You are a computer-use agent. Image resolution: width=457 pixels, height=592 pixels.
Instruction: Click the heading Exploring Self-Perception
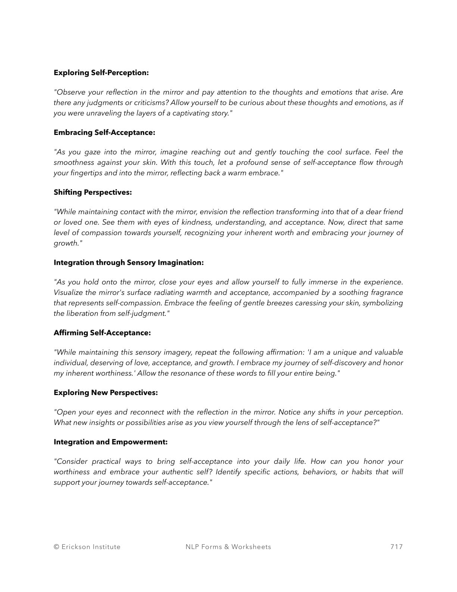tap(101, 73)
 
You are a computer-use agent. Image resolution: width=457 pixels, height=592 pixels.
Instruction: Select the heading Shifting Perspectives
tap(93, 192)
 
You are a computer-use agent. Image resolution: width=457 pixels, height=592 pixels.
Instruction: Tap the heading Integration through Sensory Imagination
tap(128, 263)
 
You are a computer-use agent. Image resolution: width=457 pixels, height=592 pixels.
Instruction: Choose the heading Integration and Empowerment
tap(111, 442)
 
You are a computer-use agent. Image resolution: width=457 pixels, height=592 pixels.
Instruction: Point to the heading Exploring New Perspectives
tap(106, 393)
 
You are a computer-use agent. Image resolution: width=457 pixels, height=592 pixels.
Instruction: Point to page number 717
tap(397, 547)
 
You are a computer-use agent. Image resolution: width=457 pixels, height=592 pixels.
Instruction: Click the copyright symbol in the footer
tap(56, 547)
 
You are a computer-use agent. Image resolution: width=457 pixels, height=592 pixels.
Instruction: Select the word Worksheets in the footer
tap(251, 547)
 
